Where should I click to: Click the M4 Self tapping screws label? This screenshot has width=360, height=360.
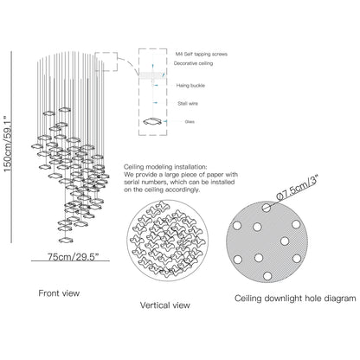(202, 54)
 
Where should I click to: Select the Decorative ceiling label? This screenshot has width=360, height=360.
(193, 63)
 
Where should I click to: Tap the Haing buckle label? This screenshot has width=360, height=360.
(190, 86)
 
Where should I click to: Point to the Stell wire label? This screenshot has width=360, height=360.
(188, 103)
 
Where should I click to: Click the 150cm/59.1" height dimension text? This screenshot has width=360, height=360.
(8, 144)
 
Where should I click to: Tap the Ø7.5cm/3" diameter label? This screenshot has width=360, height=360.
(297, 187)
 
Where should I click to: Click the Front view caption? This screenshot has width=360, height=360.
(59, 293)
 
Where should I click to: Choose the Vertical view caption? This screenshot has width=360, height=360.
(165, 305)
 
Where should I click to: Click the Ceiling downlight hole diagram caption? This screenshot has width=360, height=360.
(295, 298)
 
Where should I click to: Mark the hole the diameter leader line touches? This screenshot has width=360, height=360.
(267, 208)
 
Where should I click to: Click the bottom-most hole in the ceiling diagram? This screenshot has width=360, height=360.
(267, 276)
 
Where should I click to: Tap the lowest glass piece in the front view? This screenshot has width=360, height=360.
(66, 240)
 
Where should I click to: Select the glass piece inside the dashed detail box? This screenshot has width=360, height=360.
(152, 121)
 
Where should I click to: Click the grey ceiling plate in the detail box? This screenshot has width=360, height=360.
(151, 75)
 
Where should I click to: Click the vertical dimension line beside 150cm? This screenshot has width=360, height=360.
(11, 147)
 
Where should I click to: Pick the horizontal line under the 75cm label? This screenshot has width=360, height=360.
(70, 261)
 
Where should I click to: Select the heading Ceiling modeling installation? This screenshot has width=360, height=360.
(165, 167)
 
